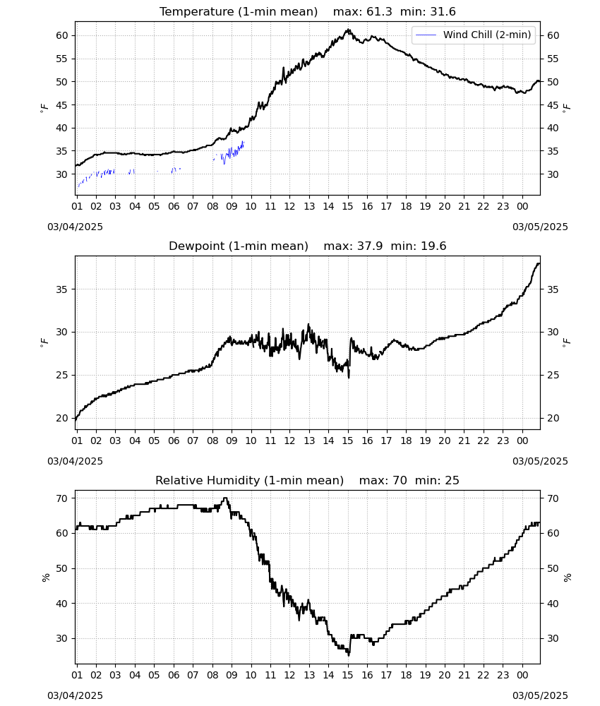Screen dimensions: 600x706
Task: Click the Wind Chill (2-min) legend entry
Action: click(474, 35)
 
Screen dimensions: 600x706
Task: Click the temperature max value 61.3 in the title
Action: click(379, 12)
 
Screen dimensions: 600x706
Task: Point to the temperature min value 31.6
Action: click(443, 12)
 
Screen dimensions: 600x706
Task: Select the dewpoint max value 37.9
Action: click(370, 246)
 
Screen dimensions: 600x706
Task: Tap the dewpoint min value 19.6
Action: click(433, 246)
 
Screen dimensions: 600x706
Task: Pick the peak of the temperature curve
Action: click(348, 30)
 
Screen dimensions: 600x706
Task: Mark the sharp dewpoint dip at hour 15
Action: click(349, 377)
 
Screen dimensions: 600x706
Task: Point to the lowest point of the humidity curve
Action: click(349, 655)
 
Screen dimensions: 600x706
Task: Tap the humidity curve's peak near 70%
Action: click(225, 498)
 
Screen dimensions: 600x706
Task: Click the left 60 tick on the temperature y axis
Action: click(61, 35)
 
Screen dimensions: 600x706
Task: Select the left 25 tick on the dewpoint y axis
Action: click(61, 375)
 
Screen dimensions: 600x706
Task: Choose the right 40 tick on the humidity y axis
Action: click(553, 604)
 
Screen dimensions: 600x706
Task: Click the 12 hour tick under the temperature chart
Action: click(289, 207)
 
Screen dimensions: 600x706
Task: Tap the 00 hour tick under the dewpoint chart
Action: click(522, 441)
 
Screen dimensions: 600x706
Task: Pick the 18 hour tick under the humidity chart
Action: click(406, 676)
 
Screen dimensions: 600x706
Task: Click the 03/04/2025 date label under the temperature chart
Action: click(75, 227)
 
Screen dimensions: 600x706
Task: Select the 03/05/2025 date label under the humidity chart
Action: click(540, 695)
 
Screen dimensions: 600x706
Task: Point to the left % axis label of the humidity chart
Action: click(45, 578)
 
